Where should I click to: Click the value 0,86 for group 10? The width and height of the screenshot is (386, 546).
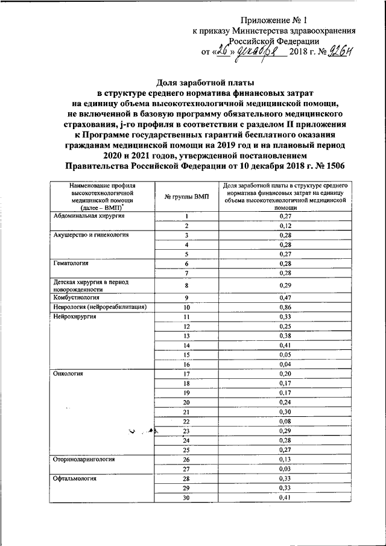click(x=286, y=308)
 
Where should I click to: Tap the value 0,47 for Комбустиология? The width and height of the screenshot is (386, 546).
click(x=286, y=298)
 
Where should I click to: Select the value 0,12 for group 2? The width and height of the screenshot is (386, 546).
click(x=286, y=226)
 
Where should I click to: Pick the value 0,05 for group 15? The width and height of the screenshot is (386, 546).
click(x=286, y=355)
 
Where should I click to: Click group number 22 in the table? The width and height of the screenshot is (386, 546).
click(x=186, y=422)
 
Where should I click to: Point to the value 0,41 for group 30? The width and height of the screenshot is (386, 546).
click(x=286, y=498)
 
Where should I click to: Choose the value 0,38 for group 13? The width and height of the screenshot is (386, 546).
click(x=286, y=336)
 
